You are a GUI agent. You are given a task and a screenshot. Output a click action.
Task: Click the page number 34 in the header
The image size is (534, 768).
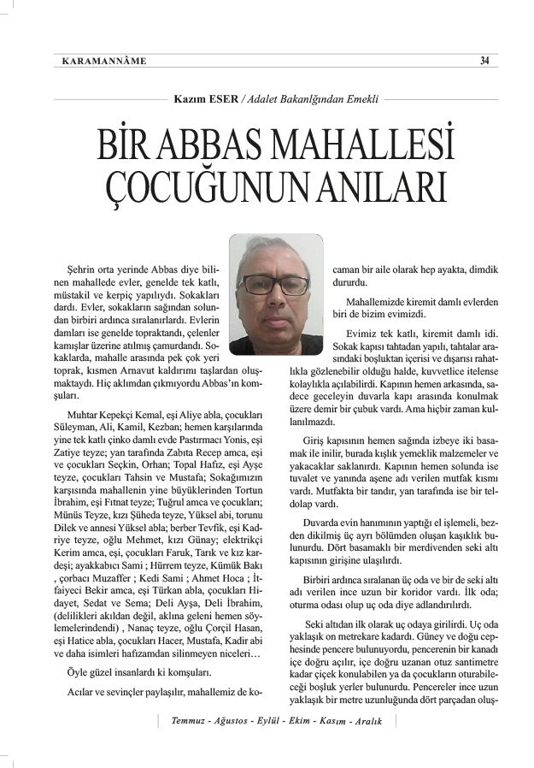tap(484, 60)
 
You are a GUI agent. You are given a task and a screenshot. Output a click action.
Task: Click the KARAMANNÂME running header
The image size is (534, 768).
tap(104, 61)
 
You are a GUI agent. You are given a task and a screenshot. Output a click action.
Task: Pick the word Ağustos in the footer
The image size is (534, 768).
tap(239, 720)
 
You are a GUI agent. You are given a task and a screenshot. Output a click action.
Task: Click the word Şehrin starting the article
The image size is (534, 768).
tap(80, 270)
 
